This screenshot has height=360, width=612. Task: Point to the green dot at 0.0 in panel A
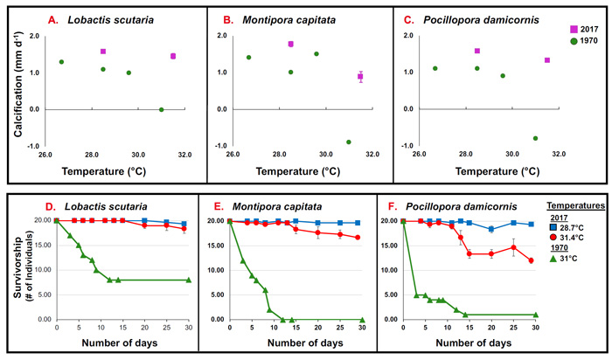[x=161, y=109]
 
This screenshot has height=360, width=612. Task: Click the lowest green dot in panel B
[x=348, y=142]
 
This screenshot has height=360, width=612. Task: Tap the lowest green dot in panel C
[x=535, y=138]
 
